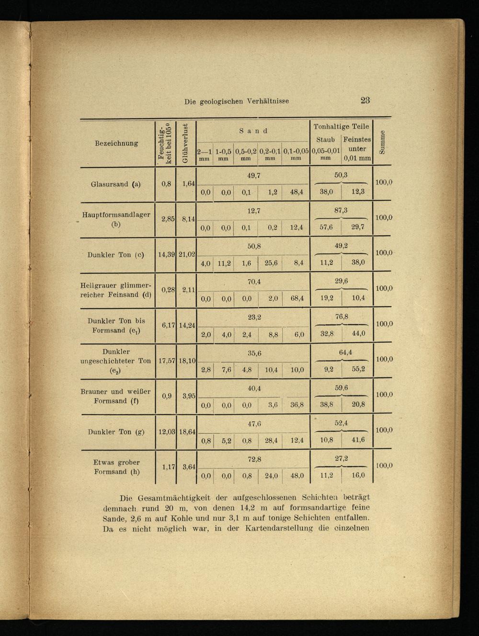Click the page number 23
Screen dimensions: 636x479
[x=365, y=100]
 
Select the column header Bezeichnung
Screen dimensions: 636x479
[x=116, y=143]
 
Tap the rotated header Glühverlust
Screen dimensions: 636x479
[x=185, y=143]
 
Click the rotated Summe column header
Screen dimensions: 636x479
[x=382, y=143]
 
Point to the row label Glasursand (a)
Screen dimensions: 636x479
[x=116, y=184]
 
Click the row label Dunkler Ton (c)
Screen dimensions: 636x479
[x=116, y=255]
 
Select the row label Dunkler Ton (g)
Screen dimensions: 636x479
[x=116, y=432]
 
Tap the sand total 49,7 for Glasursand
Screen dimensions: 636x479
[x=253, y=175]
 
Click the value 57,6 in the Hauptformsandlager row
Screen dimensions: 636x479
[x=326, y=228]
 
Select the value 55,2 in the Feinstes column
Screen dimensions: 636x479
[x=358, y=369]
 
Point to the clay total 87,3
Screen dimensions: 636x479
[x=341, y=210]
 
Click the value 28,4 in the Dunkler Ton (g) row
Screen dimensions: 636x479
[x=271, y=440]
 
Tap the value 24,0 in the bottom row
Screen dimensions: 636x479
[x=271, y=476]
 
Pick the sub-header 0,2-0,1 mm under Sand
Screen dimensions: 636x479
[x=270, y=154]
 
